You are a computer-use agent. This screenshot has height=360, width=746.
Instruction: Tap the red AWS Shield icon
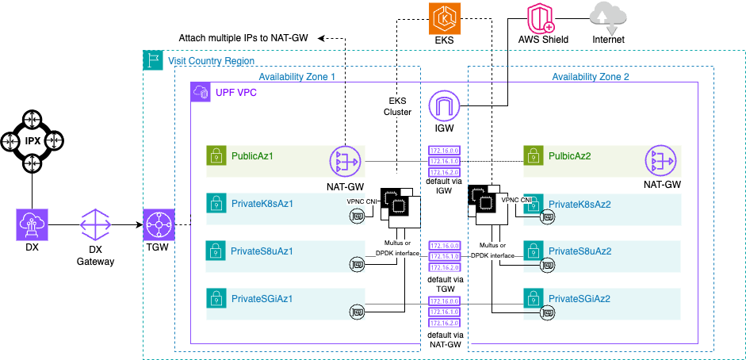(542, 17)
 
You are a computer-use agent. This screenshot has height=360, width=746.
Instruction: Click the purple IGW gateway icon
(444, 106)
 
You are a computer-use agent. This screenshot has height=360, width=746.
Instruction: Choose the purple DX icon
(32, 225)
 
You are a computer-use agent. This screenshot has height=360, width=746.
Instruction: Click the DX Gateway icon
(94, 225)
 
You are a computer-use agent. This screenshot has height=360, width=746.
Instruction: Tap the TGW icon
(158, 225)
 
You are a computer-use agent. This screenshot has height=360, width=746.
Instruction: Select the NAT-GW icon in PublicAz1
(345, 161)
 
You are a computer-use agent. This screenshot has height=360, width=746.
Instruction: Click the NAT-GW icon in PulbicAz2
(660, 161)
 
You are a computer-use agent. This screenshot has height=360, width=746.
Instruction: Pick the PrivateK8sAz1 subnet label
(262, 204)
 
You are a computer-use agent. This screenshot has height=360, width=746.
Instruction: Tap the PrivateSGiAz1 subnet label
(263, 298)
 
